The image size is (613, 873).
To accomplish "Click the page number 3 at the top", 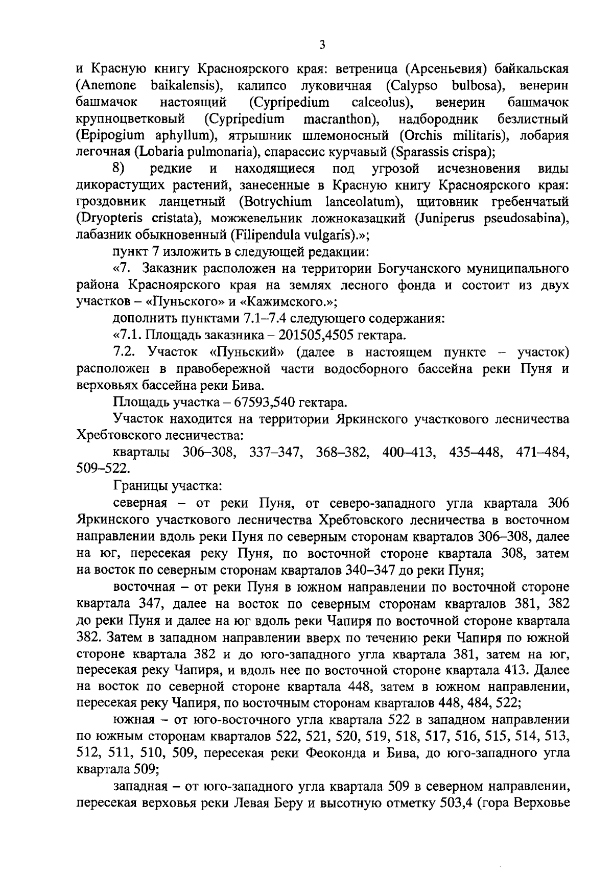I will coord(322,45).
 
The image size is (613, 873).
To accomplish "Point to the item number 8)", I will coord(120,169).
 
